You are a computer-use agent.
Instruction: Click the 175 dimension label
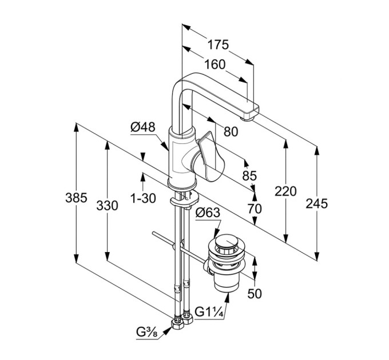(218, 45)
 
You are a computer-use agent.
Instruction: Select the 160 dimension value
(215, 65)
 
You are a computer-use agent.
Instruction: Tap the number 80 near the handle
(231, 131)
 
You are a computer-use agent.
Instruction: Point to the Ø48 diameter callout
(143, 127)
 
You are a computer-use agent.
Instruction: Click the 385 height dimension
(76, 198)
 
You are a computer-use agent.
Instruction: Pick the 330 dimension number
(107, 206)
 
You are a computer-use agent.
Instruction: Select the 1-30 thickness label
(143, 198)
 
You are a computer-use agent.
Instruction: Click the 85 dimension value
(249, 175)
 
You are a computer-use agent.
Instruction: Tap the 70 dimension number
(255, 209)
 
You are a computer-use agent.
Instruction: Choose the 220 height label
(285, 191)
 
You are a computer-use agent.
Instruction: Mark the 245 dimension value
(316, 203)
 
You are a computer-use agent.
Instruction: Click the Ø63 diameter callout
(208, 213)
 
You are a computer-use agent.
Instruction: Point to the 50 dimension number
(255, 294)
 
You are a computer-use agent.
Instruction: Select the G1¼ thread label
(209, 311)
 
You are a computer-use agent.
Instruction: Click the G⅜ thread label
(147, 332)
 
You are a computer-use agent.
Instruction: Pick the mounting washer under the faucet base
(185, 200)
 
